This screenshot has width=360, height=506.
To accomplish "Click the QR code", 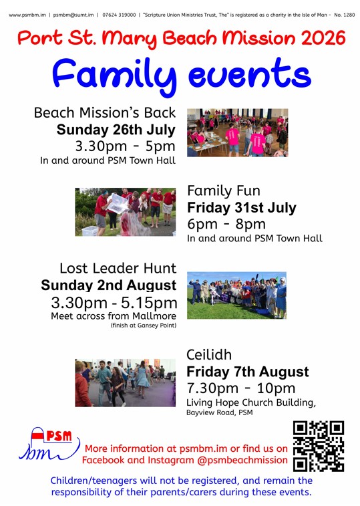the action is [x=319, y=447].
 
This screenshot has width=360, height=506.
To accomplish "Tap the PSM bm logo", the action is [x=49, y=443].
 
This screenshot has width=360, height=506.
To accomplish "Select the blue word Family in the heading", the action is [x=114, y=76].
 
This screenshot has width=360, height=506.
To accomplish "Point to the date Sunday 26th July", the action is [x=116, y=130].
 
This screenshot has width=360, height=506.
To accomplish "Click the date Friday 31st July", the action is [x=242, y=207].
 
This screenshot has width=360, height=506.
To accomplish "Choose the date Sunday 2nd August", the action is [x=109, y=285].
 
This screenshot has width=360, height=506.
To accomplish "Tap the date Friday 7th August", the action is [x=248, y=372].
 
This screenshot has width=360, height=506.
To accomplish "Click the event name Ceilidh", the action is [x=209, y=355].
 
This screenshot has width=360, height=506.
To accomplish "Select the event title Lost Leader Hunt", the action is [x=118, y=268].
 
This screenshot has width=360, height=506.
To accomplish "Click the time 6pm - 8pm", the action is [x=226, y=224].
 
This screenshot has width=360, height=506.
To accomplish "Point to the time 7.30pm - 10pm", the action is [x=241, y=388].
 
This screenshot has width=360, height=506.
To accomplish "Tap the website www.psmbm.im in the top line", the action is [x=27, y=15].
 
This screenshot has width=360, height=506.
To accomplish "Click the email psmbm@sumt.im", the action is [x=73, y=15].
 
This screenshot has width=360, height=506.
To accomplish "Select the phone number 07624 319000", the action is [x=119, y=15].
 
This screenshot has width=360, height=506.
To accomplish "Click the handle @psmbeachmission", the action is [x=242, y=460].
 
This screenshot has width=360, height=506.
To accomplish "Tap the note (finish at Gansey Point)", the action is [x=144, y=326].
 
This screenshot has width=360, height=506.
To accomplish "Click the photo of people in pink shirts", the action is [x=237, y=132].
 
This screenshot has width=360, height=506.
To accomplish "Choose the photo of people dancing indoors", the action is [x=126, y=383].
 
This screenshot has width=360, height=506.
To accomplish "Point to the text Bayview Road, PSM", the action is [x=219, y=412].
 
